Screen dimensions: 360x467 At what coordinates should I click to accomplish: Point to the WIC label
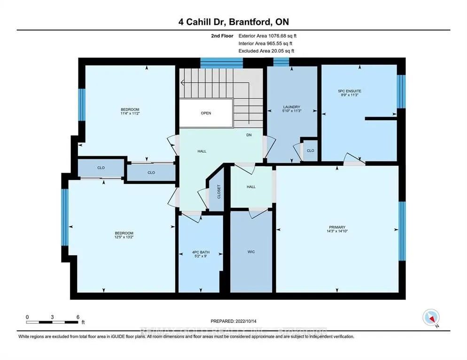[x=251, y=252]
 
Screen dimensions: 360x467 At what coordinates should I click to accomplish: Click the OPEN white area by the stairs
[x=206, y=113]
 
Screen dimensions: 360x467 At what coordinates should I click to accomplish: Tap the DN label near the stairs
[x=249, y=135]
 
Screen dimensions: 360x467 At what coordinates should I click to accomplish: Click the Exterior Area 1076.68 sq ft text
[x=268, y=36]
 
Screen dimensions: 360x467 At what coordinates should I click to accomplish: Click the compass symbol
[x=431, y=318]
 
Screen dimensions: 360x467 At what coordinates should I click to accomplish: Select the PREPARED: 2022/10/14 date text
[x=233, y=321]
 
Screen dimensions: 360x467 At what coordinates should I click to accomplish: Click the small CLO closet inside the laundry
[x=310, y=151]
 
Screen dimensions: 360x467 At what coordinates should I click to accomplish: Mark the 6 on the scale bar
[x=78, y=317]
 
